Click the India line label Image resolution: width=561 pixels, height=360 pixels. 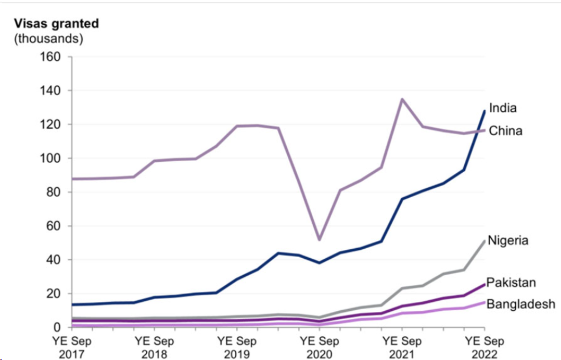[x=503, y=108]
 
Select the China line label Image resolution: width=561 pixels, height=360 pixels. [x=506, y=131]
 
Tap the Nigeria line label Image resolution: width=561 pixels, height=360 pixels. [x=508, y=240]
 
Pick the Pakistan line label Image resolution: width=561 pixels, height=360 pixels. [x=511, y=282]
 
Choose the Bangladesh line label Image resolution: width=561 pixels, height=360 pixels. [x=521, y=304]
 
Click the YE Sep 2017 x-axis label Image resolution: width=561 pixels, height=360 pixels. [x=72, y=346]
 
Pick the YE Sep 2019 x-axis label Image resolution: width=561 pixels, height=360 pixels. [x=237, y=346]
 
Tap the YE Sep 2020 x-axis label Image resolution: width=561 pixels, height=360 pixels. [x=319, y=346]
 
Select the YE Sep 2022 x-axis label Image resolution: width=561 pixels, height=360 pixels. [x=484, y=346]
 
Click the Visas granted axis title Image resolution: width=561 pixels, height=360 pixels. [x=56, y=24]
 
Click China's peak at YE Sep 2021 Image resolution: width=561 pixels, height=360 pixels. [x=402, y=99]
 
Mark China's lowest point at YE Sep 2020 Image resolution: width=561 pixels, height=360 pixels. [x=319, y=240]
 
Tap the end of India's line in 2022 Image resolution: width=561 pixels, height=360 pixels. [x=484, y=111]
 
